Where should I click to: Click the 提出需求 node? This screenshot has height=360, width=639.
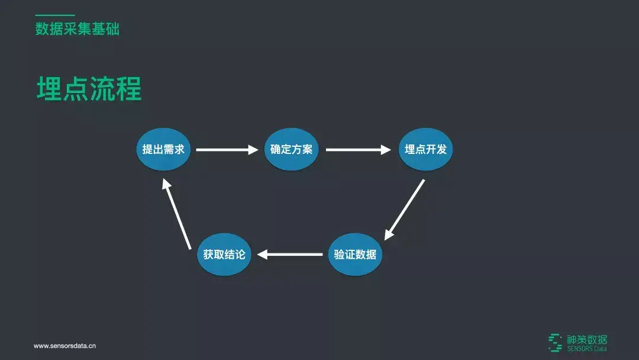point(163,149)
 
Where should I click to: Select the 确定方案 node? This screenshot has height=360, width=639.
point(291,149)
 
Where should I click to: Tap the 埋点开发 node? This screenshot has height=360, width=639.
point(425,149)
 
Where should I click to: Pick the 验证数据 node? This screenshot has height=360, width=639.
point(355,255)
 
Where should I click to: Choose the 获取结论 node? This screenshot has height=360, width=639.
point(224,255)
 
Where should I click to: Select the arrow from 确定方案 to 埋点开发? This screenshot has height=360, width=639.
point(358,150)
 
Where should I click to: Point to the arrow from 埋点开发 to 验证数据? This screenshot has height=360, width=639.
point(405,209)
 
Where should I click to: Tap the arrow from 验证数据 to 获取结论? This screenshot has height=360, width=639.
point(290,255)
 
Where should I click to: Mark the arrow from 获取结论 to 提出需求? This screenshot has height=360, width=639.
point(177,214)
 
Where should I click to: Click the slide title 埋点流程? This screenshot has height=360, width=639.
point(89,89)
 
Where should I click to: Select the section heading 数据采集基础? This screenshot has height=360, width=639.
point(77,29)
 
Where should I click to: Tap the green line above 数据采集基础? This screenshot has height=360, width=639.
point(55,15)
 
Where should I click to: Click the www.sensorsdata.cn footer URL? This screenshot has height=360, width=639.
point(64,346)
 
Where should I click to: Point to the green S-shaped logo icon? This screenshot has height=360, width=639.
point(555,342)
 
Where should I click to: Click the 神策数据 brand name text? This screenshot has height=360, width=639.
point(587,339)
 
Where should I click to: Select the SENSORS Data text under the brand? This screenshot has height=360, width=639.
point(587,349)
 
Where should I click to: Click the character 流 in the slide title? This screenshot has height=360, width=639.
point(102,89)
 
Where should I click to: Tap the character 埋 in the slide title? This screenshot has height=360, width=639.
point(50,89)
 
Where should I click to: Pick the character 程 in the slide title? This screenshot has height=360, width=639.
point(129,89)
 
